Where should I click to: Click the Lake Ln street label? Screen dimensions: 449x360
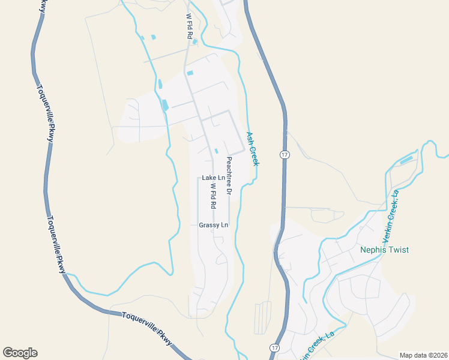(213, 178)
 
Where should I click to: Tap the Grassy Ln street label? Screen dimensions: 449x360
(214, 225)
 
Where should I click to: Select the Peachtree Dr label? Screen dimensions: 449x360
(229, 176)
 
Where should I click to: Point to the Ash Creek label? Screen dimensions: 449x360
(253, 149)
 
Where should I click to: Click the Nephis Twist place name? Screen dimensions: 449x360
(384, 250)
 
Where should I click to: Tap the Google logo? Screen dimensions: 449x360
(20, 353)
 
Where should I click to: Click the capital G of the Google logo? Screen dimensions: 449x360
(8, 353)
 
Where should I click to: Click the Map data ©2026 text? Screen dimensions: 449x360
(423, 355)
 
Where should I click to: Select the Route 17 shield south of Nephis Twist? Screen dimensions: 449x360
(274, 348)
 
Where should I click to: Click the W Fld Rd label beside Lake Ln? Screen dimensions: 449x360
(213, 196)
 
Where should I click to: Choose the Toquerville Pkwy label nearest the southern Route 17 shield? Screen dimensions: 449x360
(147, 327)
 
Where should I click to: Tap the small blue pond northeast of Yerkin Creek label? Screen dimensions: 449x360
(406, 160)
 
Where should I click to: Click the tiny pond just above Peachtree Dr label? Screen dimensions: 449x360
(216, 151)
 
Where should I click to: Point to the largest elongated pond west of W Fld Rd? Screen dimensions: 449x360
(164, 105)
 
